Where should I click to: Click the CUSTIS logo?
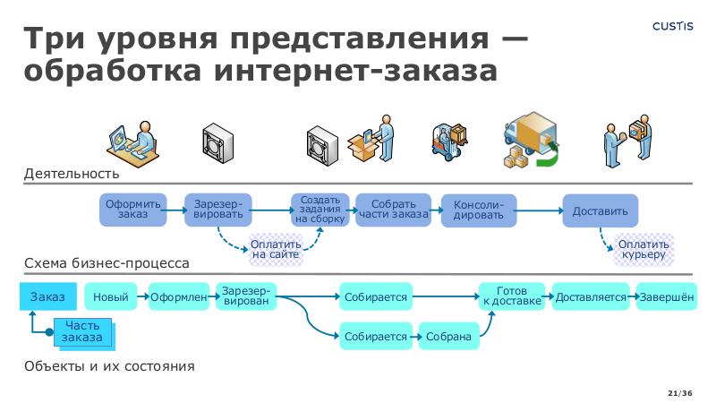click(672, 26)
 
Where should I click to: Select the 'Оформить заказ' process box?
click(132, 210)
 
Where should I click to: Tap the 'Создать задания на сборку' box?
click(320, 210)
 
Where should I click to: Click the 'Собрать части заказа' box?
click(393, 210)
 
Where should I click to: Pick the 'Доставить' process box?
click(600, 210)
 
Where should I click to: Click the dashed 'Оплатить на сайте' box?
click(275, 249)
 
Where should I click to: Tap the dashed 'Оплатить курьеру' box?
click(644, 249)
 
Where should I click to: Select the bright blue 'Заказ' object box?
click(47, 296)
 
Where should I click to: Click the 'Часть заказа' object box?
click(82, 331)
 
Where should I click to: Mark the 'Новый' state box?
click(110, 297)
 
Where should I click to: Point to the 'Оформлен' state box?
click(179, 297)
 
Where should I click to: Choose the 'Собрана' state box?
click(448, 336)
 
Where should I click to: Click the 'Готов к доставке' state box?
click(512, 296)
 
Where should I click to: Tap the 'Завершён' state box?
click(666, 297)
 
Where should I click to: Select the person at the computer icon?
click(131, 141)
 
